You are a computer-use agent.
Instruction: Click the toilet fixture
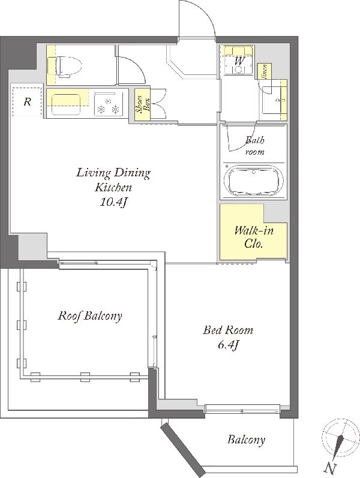[68, 65]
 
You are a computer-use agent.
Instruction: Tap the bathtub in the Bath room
[253, 181]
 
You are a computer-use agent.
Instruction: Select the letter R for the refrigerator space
[28, 101]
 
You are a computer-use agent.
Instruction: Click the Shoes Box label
[143, 104]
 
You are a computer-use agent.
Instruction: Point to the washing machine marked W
[239, 61]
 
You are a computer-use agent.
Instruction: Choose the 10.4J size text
[113, 202]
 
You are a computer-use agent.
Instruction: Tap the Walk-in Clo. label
[254, 237]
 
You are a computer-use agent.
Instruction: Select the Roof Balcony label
[90, 315]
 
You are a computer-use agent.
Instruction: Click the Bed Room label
[228, 330]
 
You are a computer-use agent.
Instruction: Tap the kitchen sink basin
[66, 104]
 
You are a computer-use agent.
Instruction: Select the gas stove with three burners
[109, 104]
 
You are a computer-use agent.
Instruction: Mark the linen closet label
[265, 71]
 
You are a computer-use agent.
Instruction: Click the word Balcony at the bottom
[246, 440]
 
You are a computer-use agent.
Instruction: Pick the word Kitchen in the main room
[113, 187]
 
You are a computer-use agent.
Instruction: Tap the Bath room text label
[255, 146]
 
